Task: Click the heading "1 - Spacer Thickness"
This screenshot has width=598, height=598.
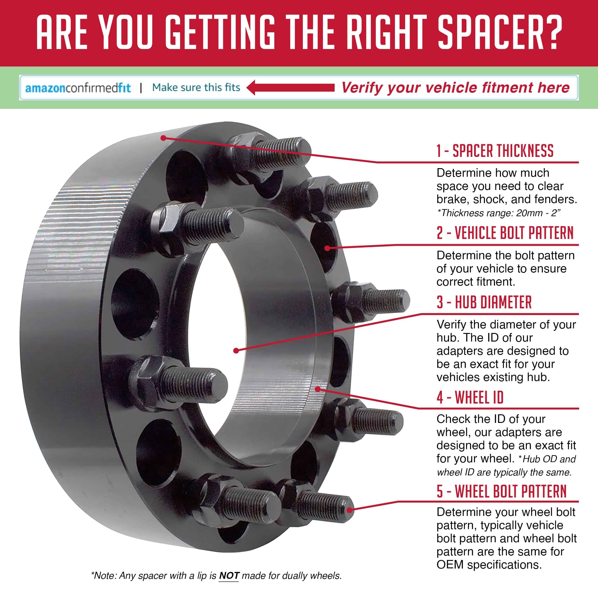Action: (495, 151)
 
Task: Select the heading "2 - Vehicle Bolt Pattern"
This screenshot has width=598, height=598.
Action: (505, 233)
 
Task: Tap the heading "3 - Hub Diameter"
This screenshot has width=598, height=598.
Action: (484, 302)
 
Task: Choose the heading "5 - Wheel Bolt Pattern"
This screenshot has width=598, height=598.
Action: (501, 491)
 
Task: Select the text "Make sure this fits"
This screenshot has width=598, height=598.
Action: (196, 88)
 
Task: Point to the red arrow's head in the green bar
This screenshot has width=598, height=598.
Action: (252, 88)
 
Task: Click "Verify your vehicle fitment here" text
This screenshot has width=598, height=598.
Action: (455, 88)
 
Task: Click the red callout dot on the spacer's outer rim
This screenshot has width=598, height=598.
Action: (163, 138)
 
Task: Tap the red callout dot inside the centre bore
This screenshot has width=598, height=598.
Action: (236, 351)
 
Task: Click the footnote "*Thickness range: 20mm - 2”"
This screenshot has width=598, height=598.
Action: (499, 213)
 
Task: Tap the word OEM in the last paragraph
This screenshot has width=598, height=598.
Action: (450, 565)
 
